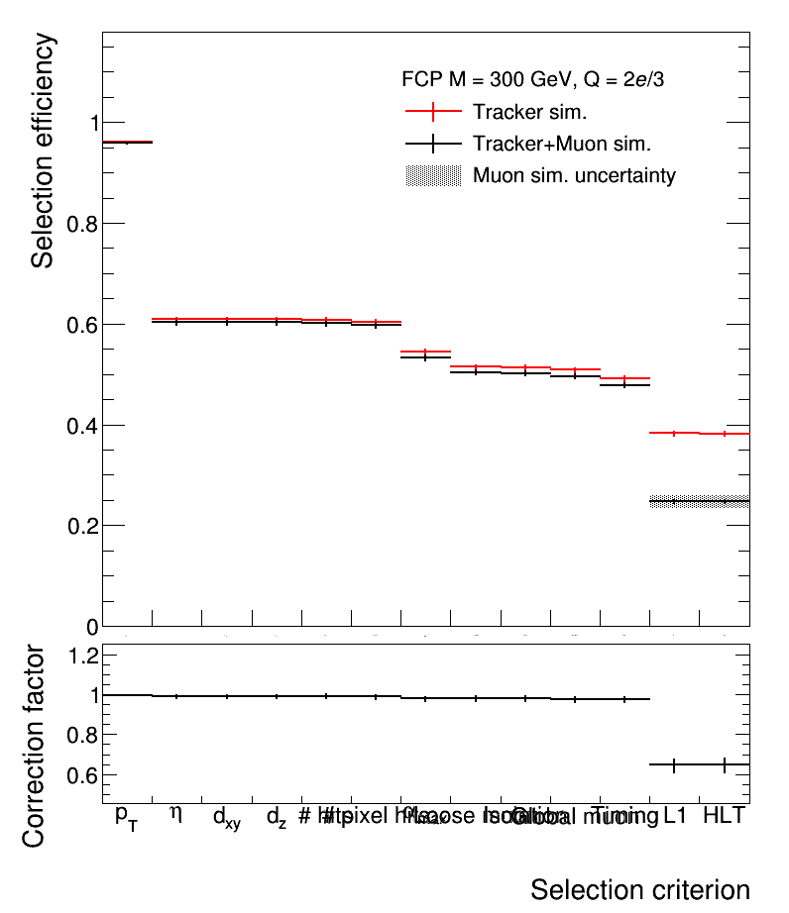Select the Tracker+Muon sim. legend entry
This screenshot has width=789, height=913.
[561, 144]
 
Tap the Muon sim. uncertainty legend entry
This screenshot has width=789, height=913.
[574, 176]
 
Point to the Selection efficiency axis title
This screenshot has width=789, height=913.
[42, 151]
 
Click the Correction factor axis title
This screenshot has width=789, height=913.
[34, 745]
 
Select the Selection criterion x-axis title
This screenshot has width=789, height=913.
[639, 888]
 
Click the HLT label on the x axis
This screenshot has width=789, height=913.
[724, 816]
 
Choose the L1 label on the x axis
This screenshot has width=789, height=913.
[675, 816]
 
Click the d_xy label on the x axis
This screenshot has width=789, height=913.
[226, 818]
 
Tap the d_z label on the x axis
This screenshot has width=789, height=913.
[277, 818]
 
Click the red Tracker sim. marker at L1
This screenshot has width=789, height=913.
[674, 433]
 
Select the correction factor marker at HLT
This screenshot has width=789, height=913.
[725, 764]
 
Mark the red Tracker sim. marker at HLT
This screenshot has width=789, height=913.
[725, 434]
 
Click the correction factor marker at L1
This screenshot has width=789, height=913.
[674, 764]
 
